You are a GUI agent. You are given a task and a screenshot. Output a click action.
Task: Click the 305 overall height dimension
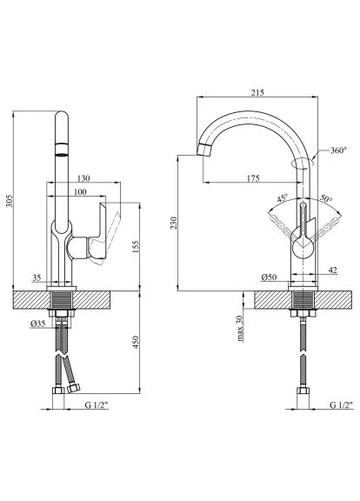[10, 201]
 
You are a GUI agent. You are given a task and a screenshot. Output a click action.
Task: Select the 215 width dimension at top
[257, 93]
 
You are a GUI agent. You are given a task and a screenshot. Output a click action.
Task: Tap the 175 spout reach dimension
[253, 178]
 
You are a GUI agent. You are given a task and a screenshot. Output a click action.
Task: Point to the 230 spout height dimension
[173, 223]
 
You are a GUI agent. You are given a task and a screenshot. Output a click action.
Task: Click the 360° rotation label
[338, 150]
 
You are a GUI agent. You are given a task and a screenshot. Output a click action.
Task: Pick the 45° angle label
[283, 197]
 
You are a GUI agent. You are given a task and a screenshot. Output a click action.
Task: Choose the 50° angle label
[326, 198]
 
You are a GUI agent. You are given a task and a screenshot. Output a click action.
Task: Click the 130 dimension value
[83, 178]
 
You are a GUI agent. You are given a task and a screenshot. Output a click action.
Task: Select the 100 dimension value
[80, 191]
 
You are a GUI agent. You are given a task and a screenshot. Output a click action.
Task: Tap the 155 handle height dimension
[136, 247]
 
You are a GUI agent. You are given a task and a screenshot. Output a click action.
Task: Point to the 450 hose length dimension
[136, 342]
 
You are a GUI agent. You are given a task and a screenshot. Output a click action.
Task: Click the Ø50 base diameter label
[269, 277]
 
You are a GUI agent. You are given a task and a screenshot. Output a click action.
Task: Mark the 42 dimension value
[332, 270]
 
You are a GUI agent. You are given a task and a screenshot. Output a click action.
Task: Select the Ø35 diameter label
[37, 324]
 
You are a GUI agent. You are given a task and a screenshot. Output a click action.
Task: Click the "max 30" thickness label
[240, 329]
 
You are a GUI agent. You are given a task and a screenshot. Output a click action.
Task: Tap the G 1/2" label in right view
[342, 405]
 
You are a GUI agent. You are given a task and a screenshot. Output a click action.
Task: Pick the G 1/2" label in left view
[97, 405]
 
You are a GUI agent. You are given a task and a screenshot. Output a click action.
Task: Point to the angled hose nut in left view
[74, 389]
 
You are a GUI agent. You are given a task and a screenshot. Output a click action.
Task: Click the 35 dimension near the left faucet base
[37, 277]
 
